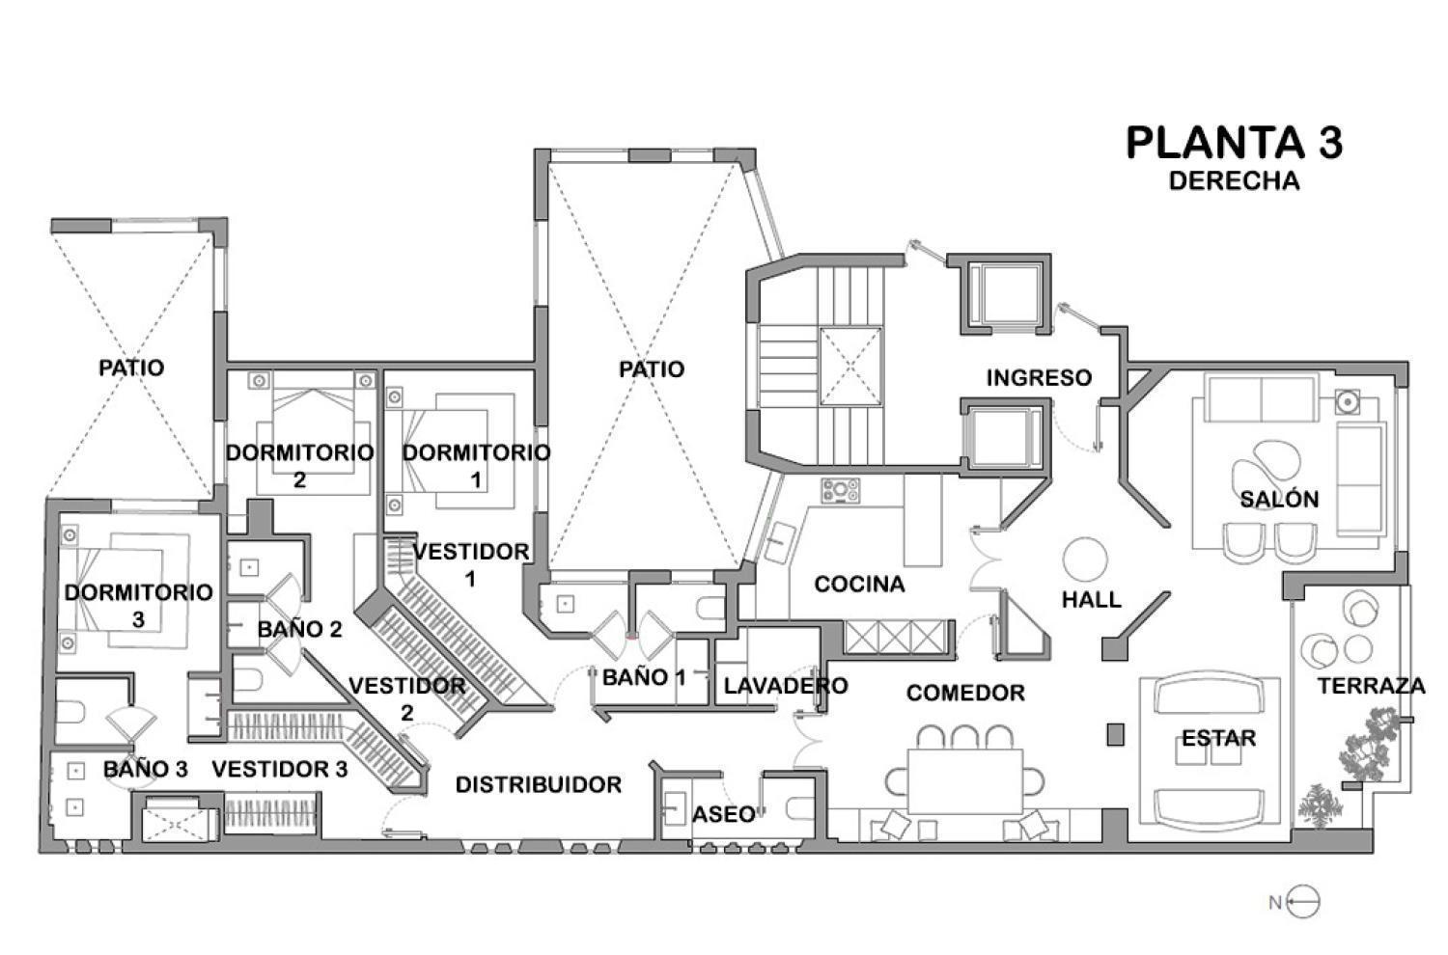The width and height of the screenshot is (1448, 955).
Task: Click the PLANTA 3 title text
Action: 1234,143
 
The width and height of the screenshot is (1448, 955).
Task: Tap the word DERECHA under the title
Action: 1234,180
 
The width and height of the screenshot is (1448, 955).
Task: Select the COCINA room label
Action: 859,584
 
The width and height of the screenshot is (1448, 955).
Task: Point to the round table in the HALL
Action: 1086,559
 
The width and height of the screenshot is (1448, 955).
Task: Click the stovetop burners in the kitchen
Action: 840,490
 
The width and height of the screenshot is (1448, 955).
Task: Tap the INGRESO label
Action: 1039,377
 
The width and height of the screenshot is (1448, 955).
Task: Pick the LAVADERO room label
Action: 786,686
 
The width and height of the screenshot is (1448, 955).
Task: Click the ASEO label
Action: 723,814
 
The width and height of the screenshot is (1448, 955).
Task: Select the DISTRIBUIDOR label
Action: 538,784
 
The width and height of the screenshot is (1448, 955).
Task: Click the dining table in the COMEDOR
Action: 965,779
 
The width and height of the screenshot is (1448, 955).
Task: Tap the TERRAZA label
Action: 1371,686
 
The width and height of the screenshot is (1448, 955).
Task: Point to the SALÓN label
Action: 1279,499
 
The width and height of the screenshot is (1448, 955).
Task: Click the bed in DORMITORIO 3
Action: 121,588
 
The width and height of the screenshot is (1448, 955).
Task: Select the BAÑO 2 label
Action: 299,629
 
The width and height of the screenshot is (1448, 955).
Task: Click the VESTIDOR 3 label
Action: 279,769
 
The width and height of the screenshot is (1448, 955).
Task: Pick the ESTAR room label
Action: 1218,738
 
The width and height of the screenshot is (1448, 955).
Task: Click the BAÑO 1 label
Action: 644,677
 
